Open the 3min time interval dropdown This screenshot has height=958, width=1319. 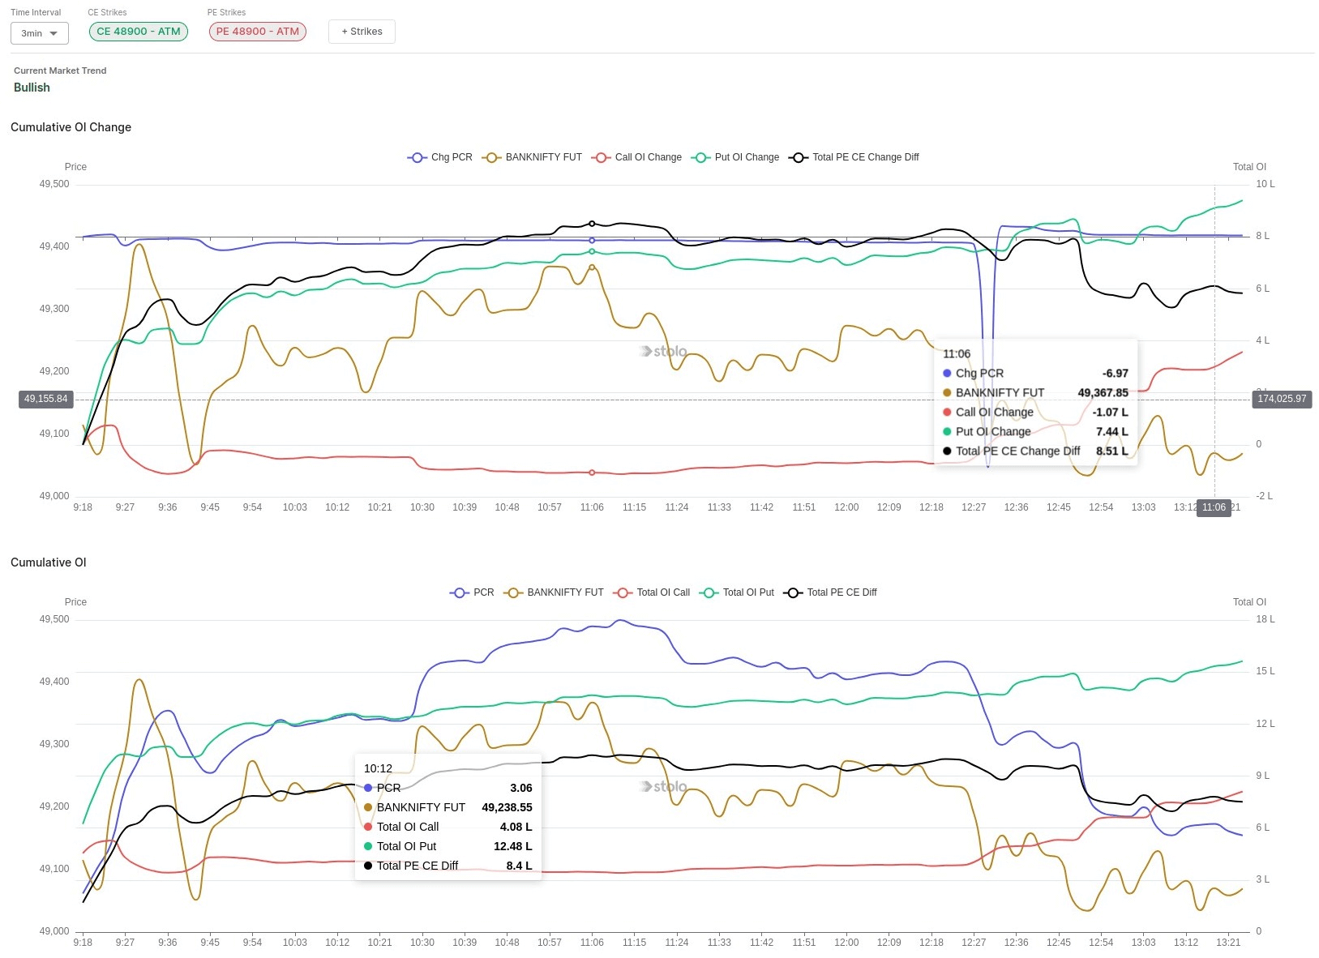40,33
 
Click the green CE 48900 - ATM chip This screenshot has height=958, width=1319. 139,32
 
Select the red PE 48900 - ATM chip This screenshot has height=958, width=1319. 258,32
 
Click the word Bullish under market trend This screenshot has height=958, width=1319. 32,88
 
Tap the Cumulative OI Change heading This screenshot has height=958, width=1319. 71,127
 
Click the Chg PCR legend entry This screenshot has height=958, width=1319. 441,157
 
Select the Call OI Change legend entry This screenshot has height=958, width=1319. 638,157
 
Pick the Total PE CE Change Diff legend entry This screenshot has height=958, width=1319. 856,157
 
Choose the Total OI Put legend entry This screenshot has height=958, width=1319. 739,592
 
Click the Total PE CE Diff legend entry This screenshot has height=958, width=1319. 832,592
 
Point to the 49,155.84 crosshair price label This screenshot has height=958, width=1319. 46,399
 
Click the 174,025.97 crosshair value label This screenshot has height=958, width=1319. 1282,399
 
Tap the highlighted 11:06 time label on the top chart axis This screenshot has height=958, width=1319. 1214,507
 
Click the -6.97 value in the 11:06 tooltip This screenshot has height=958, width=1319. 1115,374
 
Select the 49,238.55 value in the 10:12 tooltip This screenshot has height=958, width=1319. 507,807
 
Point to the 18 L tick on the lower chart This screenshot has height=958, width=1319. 1265,619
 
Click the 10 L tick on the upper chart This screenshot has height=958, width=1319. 1265,184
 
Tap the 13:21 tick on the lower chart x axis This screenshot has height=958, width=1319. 1228,943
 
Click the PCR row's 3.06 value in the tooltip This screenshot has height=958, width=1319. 520,788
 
